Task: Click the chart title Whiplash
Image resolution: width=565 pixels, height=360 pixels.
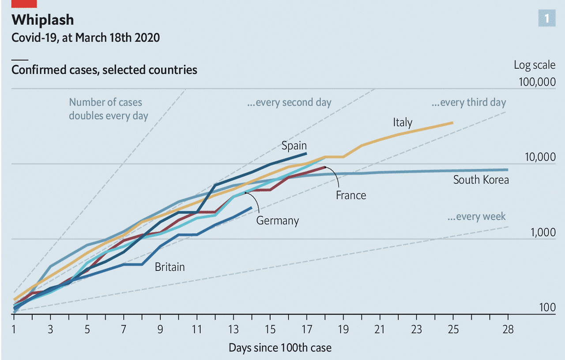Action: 42,20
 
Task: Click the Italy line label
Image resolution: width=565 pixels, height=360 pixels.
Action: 402,122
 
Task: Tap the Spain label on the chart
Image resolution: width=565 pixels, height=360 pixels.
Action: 294,146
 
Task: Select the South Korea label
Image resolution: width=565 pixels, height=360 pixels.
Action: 481,180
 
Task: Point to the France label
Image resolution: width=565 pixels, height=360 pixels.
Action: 350,195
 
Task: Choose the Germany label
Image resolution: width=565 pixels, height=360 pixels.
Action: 277,221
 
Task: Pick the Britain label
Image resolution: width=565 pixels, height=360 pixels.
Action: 169,267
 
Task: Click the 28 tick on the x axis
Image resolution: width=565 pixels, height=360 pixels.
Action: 508,330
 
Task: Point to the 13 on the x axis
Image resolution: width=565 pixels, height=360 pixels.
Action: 233,330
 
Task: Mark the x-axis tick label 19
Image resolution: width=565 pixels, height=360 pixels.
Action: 343,330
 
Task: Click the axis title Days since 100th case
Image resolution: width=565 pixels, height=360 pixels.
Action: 280,348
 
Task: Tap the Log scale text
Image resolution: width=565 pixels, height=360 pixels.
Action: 534,65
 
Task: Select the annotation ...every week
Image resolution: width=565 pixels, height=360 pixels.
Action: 476,217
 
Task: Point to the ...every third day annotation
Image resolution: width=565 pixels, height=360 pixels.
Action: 468,103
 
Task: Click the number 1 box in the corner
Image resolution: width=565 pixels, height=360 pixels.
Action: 546,19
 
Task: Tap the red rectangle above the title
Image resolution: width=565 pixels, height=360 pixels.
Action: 24,3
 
